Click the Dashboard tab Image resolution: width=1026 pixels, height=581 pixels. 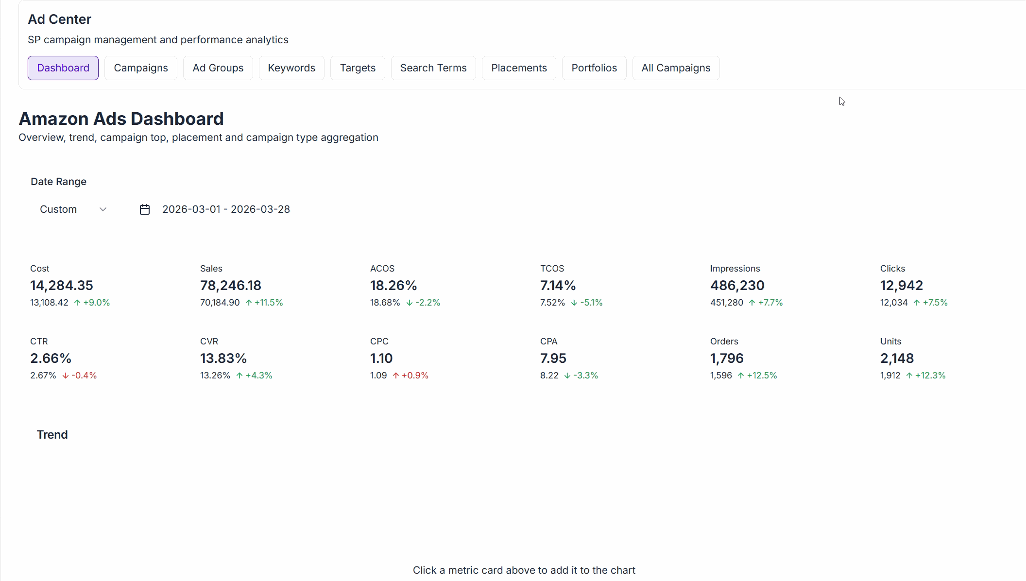coord(63,68)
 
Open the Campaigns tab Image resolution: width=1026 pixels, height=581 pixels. coord(141,68)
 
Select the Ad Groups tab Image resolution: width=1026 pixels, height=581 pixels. coord(218,68)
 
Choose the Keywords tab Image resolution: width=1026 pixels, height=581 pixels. coord(291,68)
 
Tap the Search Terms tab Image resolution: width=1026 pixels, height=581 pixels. coord(433,68)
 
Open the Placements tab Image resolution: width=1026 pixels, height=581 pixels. coord(519,68)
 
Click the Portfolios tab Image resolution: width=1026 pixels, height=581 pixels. coord(594,68)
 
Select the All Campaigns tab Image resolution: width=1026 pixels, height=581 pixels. coord(676,68)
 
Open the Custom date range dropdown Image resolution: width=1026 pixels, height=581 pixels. coord(73,209)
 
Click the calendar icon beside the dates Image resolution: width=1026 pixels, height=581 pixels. coord(145,209)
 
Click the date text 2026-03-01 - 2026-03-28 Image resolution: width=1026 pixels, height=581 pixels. coord(226,209)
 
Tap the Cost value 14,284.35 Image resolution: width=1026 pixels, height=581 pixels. coord(62,286)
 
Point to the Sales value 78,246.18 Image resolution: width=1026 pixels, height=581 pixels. coord(231,286)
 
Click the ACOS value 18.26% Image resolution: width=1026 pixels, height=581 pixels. coord(393,286)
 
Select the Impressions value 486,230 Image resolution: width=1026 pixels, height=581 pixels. coord(737,286)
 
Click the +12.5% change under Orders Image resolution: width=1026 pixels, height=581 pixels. coord(762,376)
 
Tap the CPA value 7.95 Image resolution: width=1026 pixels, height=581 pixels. coord(553,359)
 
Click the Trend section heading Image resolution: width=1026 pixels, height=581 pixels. coord(52,435)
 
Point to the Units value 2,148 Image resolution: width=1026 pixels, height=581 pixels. coord(897,359)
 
